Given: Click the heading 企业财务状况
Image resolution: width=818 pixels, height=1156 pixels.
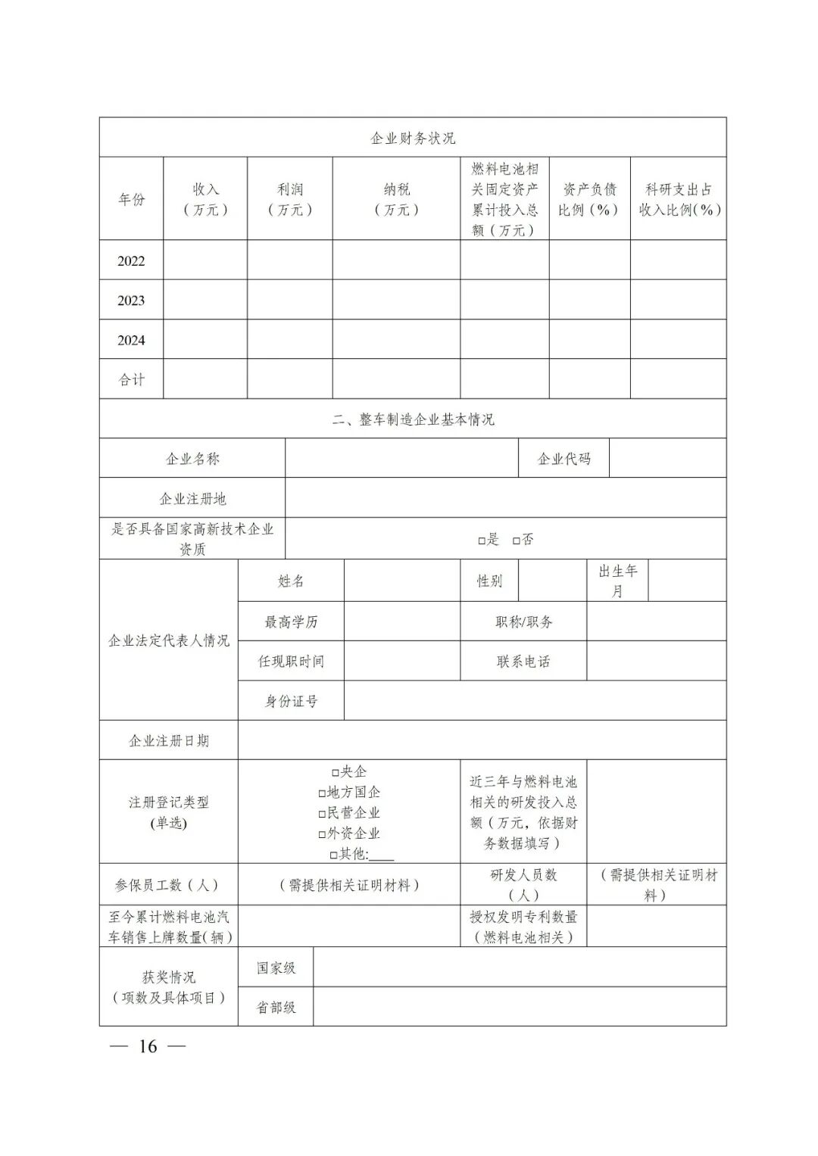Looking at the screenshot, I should pos(413,138).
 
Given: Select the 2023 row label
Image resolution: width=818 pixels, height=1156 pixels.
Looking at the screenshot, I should pos(131,301).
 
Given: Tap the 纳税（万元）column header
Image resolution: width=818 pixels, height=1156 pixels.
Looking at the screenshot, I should pos(396,199).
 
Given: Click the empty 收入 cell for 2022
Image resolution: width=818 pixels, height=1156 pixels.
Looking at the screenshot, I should pos(205,260).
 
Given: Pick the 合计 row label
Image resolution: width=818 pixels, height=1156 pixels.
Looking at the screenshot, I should pos(131,379).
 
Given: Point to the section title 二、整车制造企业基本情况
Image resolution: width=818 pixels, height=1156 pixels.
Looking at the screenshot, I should pos(413,419).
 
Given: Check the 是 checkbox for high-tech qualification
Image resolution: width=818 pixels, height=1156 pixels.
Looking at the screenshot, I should pos(482,541).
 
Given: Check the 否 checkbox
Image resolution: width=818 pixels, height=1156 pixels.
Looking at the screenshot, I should pos(517,541).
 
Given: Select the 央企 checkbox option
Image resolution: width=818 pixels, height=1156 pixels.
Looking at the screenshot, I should pos(335,772).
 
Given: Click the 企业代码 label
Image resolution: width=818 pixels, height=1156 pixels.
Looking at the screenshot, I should pos(564,459).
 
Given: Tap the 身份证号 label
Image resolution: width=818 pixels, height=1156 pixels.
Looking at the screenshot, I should pos(291,701).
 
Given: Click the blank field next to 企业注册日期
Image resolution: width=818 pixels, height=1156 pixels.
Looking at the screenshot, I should pos(482,740).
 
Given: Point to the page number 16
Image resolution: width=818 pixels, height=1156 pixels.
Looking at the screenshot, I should pos(148,1047).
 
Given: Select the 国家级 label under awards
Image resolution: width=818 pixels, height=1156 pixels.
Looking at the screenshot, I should pos(276,967).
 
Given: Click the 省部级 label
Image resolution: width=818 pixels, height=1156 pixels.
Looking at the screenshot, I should pos(276,1008).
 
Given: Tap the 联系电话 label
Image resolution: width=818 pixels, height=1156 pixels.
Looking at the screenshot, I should pos(523,662).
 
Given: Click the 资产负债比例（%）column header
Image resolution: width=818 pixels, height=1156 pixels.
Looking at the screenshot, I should pos(589,199).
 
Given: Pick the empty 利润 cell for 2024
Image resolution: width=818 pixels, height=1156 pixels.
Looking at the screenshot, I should pos(289,340).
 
